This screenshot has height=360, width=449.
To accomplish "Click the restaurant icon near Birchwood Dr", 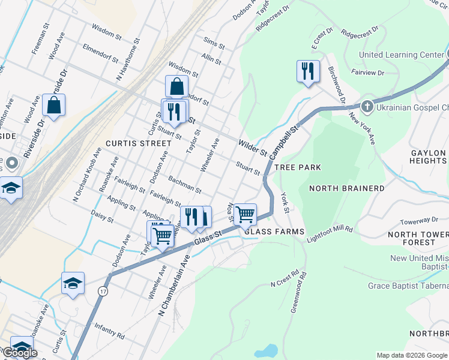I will [307, 71].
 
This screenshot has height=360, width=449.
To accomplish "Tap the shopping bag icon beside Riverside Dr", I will [53, 105].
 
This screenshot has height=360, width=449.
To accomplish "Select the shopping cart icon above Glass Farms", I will [245, 214].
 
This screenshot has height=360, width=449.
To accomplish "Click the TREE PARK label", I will [298, 167].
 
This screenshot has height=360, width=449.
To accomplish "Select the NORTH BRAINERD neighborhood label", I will [346, 188].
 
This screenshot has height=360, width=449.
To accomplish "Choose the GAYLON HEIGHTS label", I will [428, 157].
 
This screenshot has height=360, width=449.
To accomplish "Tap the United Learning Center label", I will [401, 55].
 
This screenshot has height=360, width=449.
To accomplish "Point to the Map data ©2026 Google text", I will [412, 355].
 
